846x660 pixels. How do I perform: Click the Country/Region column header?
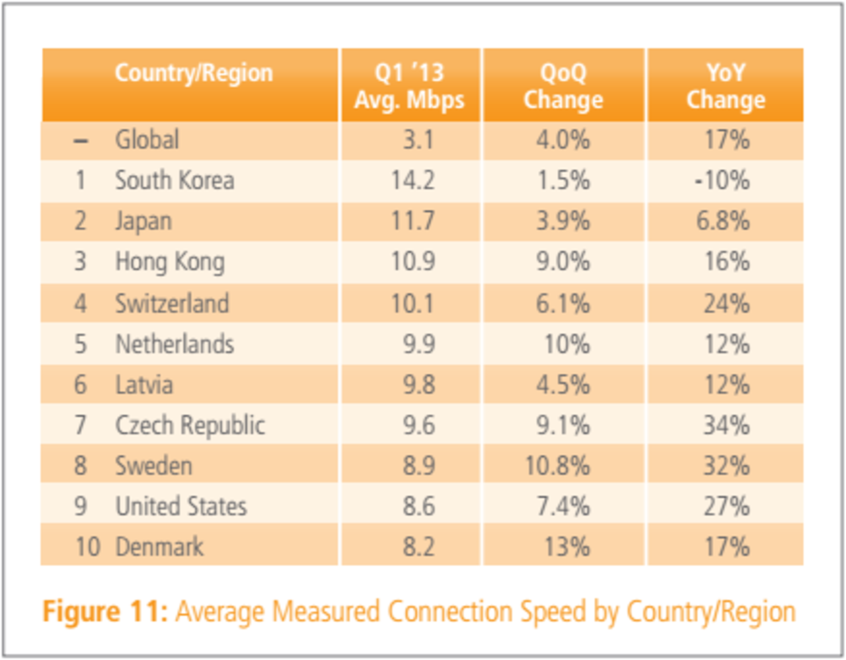194,73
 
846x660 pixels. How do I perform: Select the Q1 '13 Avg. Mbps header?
410,86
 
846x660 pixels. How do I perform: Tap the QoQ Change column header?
563,86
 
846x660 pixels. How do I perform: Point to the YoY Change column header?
726,86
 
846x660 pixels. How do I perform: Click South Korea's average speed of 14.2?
412,180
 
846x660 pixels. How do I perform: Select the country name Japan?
143,221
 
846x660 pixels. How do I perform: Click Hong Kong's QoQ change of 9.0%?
563,262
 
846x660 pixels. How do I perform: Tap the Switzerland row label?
172,303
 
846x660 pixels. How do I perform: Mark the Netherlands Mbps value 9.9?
419,344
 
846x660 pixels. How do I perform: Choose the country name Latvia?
144,385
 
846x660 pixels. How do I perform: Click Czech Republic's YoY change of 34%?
726,425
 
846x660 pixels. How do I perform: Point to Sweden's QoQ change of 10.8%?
557,466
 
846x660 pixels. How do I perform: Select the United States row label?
181,507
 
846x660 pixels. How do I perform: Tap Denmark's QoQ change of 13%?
566,547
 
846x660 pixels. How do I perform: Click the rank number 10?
87,547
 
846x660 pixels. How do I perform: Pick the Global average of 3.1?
418,140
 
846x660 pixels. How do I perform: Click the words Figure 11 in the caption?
104,612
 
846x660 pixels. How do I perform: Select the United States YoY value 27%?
726,507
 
